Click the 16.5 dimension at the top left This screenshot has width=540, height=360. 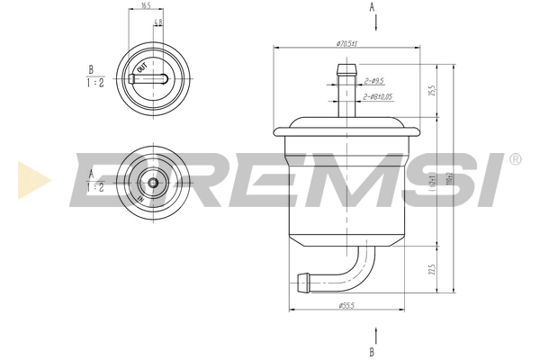tap(146, 6)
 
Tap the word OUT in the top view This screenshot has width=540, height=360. tap(141, 67)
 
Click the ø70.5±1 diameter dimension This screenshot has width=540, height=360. tap(347, 43)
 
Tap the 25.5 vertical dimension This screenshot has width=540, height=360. tap(431, 91)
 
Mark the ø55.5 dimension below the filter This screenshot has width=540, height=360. tap(346, 306)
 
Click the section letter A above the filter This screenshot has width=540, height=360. tap(373, 7)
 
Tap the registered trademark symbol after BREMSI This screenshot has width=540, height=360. tap(514, 159)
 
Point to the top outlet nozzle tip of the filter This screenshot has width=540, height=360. tap(346, 67)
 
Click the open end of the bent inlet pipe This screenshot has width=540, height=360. tap(299, 282)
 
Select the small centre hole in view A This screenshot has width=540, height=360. tap(153, 183)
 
